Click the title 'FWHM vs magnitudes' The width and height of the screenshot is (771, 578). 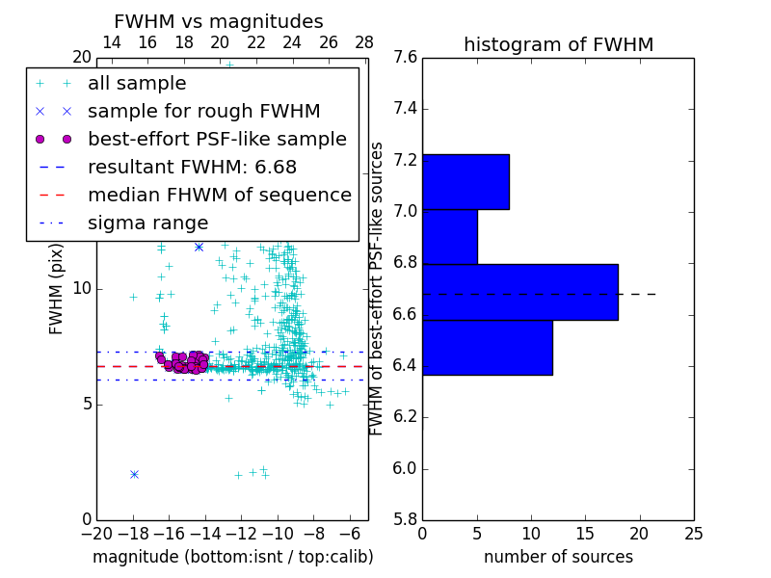coord(219,21)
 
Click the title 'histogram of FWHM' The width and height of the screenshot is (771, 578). coord(558,44)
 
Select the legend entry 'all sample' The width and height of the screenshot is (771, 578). coord(137,84)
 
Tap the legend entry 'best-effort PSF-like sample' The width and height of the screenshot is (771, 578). coord(217,140)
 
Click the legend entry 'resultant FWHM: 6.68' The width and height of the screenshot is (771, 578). coord(192,168)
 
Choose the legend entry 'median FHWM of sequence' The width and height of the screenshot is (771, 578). coord(219,196)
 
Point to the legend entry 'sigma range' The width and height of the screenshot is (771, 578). coord(147,223)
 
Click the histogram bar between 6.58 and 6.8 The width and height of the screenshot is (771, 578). coord(519,292)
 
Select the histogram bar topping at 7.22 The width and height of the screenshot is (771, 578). coord(465,182)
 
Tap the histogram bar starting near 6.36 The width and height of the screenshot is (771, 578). coord(487,348)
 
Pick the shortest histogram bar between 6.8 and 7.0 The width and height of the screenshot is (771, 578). coord(449,237)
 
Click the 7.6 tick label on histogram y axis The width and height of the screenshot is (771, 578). coord(405,58)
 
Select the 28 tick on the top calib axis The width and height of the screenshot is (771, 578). coord(364,43)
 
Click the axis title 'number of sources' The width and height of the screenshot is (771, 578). coord(558,557)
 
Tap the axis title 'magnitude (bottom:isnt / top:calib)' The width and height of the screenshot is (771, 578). coord(232,557)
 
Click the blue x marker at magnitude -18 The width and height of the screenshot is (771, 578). coord(134,474)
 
